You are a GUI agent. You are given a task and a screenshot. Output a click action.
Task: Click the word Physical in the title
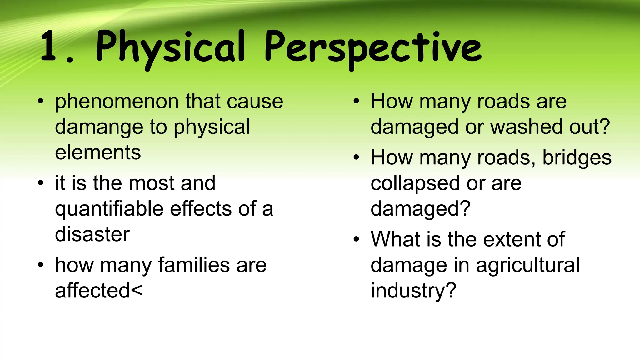[170, 47]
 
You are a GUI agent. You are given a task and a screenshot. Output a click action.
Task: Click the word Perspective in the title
[372, 47]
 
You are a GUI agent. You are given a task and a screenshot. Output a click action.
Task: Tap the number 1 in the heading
[48, 46]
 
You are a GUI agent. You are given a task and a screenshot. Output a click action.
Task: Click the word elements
[98, 152]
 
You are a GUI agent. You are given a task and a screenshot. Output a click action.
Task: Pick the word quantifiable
[109, 209]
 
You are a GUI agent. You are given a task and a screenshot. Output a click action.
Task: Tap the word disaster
[92, 234]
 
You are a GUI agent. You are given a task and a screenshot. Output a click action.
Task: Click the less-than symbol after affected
[136, 291]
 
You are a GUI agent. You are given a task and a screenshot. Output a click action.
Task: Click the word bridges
[577, 157]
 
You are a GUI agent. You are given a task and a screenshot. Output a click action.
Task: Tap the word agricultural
[527, 265]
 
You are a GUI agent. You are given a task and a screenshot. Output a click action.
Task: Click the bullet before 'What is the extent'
[357, 239]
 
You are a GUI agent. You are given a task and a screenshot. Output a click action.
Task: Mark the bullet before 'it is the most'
[41, 183]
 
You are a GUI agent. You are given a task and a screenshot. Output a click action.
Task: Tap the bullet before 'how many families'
[41, 265]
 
